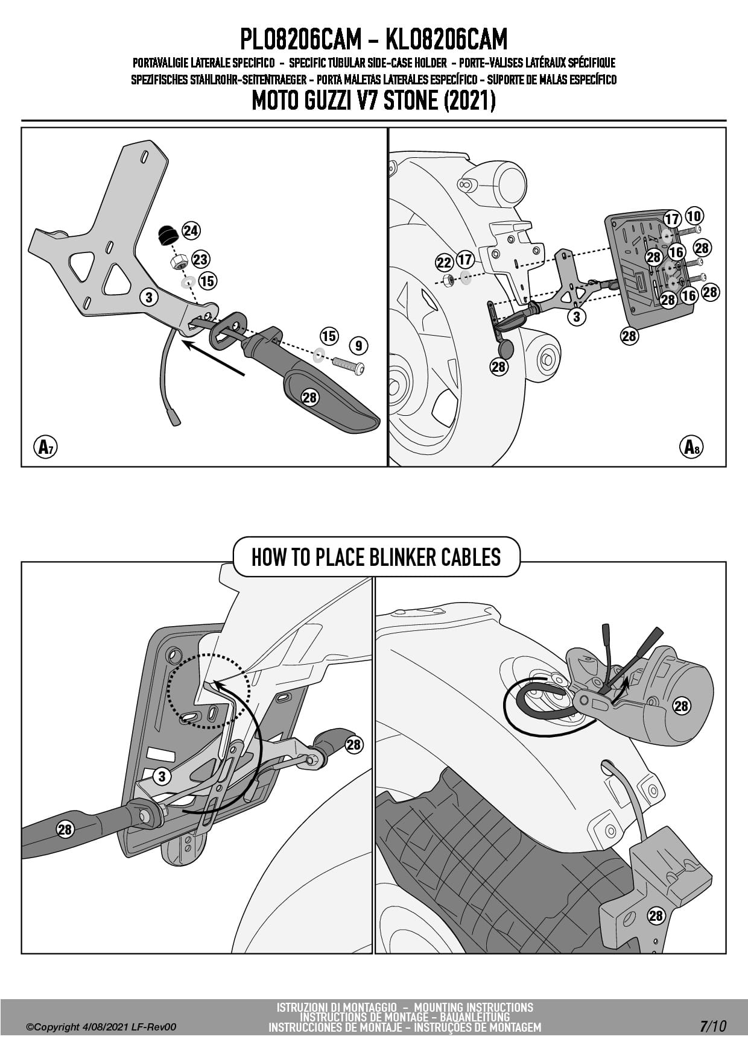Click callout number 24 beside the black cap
click(x=191, y=231)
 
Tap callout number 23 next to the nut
click(x=200, y=260)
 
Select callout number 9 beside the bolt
click(x=359, y=345)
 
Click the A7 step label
click(x=45, y=447)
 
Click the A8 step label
click(x=691, y=447)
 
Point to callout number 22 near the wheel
click(x=444, y=263)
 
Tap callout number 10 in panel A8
click(x=694, y=216)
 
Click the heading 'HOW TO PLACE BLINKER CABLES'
click(x=376, y=557)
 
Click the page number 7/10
click(x=713, y=1026)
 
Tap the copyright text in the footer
click(x=101, y=1027)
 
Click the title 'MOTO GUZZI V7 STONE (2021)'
click(x=373, y=101)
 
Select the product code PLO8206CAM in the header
click(x=300, y=40)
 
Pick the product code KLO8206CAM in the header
click(x=446, y=40)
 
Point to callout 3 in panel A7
click(x=149, y=296)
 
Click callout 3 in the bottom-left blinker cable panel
click(x=162, y=777)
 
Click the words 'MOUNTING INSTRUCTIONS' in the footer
click(x=474, y=1007)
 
